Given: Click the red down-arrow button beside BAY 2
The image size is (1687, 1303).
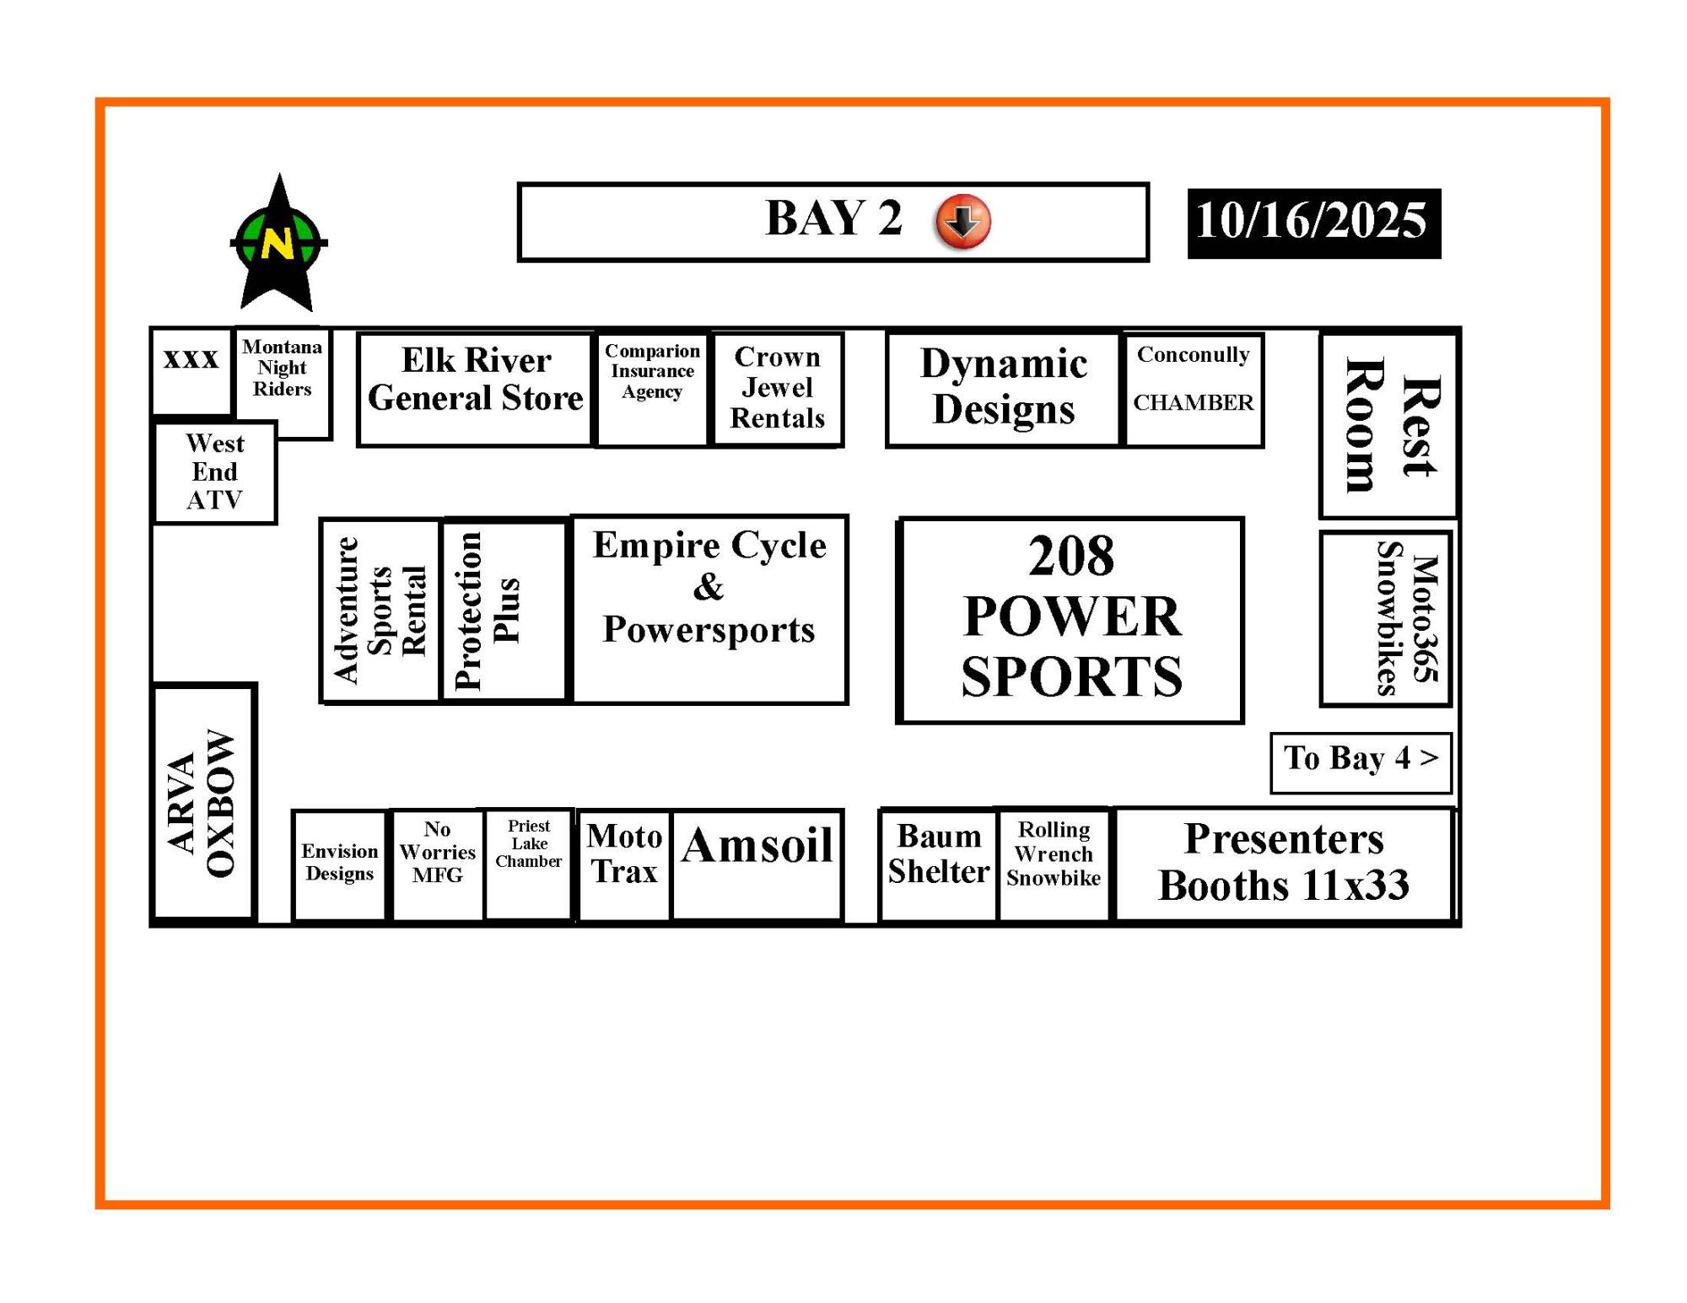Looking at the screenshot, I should tap(962, 222).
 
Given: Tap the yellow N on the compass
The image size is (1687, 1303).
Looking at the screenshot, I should tap(278, 243).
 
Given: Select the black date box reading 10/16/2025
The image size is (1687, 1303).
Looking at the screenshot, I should tap(1313, 223).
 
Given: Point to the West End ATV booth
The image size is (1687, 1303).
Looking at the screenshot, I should tap(215, 472).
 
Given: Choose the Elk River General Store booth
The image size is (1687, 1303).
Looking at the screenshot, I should tap(476, 388).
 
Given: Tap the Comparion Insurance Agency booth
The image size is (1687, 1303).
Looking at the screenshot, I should tap(652, 388).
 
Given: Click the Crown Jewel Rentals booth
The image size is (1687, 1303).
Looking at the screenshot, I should tap(777, 388).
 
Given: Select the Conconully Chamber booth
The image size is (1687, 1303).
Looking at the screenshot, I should tap(1193, 388).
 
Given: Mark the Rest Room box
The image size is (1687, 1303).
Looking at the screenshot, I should tap(1388, 425).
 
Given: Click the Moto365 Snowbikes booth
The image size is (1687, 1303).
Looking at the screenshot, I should tap(1385, 618).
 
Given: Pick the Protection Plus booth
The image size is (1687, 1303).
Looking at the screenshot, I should tap(504, 611).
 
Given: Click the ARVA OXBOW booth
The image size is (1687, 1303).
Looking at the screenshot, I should tap(203, 801).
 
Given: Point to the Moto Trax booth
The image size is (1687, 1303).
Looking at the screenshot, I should tap(624, 864).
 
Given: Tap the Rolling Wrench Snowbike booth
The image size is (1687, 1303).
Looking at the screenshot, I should tap(1054, 864).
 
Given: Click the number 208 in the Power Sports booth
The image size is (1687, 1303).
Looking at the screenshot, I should tap(1071, 557).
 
